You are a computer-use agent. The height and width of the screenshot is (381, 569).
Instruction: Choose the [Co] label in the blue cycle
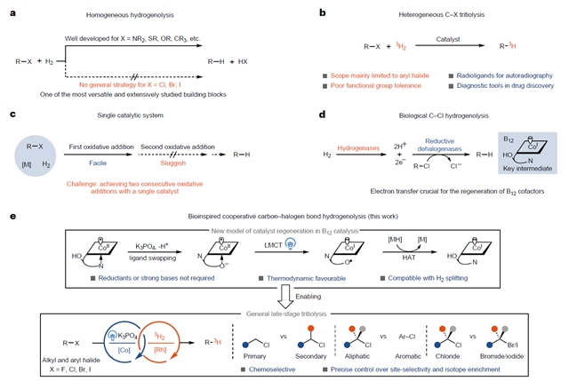pos(122,351)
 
